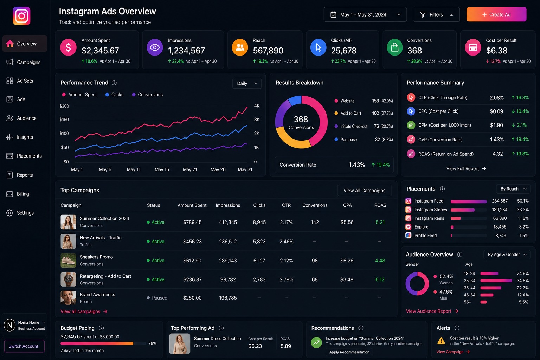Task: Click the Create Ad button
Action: point(496,14)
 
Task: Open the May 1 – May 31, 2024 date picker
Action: point(365,14)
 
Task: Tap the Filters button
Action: point(436,14)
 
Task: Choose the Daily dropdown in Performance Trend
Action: point(247,83)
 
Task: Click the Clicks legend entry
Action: point(115,95)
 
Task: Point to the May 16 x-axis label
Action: point(162,169)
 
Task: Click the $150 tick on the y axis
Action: point(64,120)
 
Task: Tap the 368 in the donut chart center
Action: point(301,119)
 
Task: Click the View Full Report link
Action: point(466,168)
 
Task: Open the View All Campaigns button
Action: point(364,191)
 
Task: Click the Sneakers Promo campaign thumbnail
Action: point(68,261)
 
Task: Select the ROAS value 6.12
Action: point(380,279)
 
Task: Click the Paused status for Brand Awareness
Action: point(157,298)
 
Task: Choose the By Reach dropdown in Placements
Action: point(513,189)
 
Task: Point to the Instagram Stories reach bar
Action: point(463,210)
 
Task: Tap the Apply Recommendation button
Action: point(349,352)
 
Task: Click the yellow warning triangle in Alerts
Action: point(441,341)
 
